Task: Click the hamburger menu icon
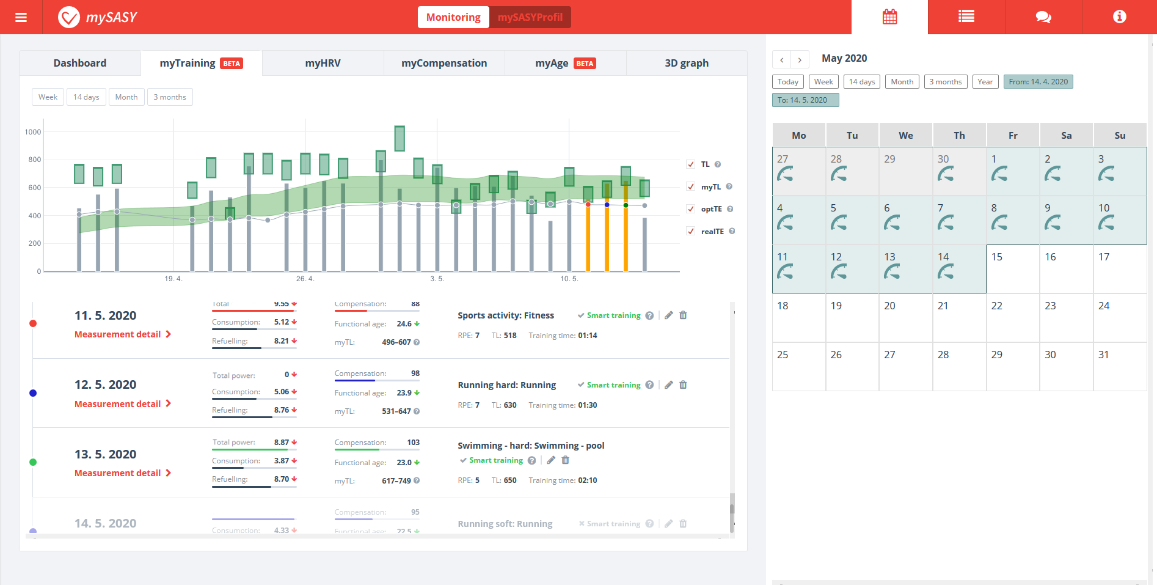21,17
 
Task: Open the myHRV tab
323,63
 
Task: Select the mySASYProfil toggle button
530,17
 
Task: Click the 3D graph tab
687,63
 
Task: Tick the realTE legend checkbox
691,231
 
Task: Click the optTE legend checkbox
691,209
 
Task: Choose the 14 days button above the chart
86,97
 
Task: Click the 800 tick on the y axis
33,160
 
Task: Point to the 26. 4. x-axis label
305,279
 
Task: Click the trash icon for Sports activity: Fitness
683,315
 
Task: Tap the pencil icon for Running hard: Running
669,385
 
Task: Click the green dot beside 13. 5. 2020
33,462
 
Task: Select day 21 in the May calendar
959,317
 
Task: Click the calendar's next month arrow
800,59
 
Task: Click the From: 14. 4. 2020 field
1038,82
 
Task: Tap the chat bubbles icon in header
1043,17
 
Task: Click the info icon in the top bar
1119,17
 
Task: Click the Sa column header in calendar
1066,135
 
